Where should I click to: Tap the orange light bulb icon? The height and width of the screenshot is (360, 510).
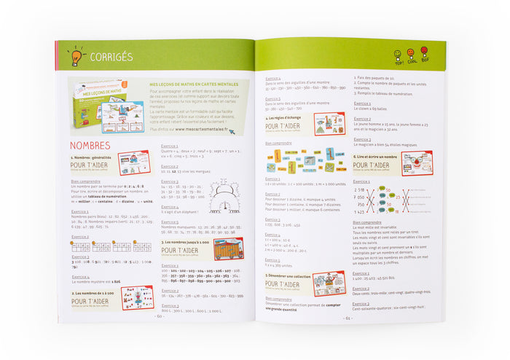point(76,55)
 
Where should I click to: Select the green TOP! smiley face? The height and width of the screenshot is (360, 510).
point(399,55)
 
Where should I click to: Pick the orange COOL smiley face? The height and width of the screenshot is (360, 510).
point(412,55)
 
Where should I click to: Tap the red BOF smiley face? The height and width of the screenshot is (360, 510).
point(424,55)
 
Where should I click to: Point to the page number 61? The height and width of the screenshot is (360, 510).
point(348,318)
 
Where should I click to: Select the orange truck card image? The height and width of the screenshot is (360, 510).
point(228,249)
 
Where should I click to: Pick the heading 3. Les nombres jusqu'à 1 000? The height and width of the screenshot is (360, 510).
point(185,241)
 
